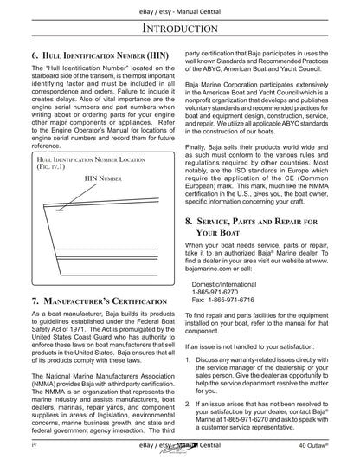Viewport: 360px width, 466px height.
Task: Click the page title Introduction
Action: (179, 30)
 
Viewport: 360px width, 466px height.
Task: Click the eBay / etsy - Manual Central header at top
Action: (179, 8)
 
